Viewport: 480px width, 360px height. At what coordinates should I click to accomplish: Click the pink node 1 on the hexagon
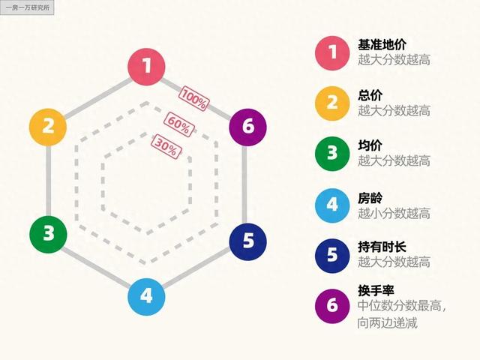click(147, 66)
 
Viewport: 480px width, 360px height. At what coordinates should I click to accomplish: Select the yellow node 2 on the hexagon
click(48, 125)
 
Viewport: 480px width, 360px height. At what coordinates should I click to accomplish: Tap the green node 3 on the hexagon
click(48, 233)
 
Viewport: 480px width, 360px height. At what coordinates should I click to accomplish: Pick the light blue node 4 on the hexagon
click(147, 295)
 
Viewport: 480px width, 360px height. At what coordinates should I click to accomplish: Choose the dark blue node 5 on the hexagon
click(248, 241)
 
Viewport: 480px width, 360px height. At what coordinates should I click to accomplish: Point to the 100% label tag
click(193, 98)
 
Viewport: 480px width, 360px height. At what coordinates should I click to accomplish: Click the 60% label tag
click(179, 122)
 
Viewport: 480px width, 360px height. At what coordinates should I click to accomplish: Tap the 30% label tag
click(166, 145)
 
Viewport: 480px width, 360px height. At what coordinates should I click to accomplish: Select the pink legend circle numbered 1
click(332, 52)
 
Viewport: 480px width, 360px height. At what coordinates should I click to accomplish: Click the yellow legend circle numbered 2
click(332, 103)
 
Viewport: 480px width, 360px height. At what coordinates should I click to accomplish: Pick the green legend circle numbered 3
click(332, 153)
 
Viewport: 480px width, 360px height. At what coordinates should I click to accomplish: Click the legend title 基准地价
click(382, 44)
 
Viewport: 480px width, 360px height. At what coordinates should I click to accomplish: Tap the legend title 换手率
click(376, 290)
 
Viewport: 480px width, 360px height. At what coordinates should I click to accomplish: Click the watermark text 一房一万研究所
click(27, 8)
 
